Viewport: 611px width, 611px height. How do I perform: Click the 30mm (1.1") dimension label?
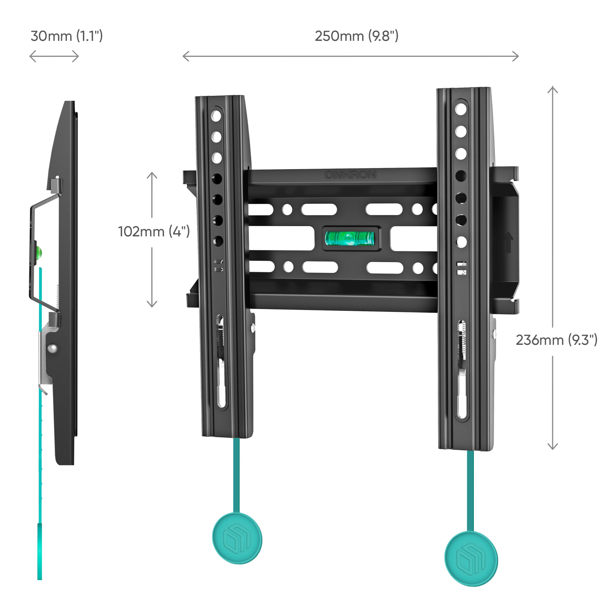[66, 36]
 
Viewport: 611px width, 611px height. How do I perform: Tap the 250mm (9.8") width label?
[356, 36]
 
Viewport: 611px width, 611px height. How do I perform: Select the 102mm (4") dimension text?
[154, 231]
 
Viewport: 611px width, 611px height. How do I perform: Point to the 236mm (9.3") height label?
[556, 339]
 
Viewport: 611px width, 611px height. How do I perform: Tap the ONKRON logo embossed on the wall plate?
[350, 175]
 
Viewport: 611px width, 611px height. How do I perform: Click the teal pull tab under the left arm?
[237, 538]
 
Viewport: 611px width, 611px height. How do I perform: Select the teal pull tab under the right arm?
[471, 559]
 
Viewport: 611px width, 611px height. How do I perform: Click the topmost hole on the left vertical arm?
[216, 115]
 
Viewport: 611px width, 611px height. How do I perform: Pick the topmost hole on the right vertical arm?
[461, 109]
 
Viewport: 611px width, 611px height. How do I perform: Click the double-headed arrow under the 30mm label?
[54, 57]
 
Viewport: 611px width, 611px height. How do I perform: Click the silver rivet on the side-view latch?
[52, 348]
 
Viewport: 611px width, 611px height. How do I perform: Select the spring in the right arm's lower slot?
[463, 340]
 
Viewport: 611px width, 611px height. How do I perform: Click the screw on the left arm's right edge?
[252, 327]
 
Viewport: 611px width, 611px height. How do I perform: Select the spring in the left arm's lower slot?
[220, 336]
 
